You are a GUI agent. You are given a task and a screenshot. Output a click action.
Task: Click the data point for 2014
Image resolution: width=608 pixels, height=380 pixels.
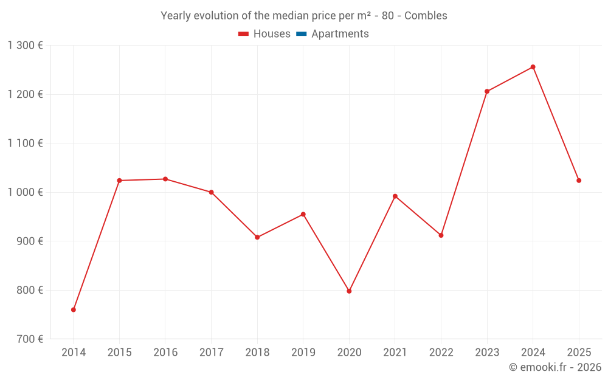click(x=74, y=309)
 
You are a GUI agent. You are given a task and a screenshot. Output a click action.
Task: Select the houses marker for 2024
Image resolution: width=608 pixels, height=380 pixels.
click(x=533, y=67)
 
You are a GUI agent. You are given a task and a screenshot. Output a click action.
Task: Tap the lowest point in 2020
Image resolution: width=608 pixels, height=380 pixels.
click(x=349, y=291)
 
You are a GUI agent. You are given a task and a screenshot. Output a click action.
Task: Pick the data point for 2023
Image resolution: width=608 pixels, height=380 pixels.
click(x=487, y=91)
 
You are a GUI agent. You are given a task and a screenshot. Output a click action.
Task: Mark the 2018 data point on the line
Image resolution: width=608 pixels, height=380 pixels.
click(x=257, y=237)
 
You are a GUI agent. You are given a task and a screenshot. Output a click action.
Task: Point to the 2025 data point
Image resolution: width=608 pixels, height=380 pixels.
click(x=579, y=181)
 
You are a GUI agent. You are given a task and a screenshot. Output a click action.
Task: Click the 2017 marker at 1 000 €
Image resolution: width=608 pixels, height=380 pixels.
click(x=211, y=192)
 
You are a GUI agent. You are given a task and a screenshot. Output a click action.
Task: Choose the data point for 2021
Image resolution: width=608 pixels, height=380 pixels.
click(x=395, y=196)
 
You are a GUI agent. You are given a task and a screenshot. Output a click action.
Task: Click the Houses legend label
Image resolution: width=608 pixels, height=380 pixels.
click(x=272, y=34)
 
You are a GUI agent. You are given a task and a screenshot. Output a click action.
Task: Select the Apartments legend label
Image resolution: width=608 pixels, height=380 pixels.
click(x=340, y=34)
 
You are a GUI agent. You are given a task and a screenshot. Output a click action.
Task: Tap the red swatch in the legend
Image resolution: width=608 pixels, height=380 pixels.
click(x=244, y=34)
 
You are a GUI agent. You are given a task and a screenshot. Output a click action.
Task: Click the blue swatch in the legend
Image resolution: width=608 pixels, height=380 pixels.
click(x=301, y=34)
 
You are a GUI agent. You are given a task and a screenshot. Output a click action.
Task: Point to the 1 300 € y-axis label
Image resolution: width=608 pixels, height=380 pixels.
click(x=25, y=45)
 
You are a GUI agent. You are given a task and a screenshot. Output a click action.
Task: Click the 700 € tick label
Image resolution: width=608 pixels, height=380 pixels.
click(x=29, y=339)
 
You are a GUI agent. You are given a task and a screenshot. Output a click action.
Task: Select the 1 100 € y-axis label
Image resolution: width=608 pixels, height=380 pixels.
click(x=25, y=143)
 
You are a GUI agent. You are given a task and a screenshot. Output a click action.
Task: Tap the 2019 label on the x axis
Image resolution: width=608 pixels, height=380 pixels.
click(x=303, y=353)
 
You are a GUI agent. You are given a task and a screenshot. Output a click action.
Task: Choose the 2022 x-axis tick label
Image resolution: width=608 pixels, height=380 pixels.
click(x=441, y=353)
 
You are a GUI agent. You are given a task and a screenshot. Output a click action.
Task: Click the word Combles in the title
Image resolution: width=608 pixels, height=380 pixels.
click(x=426, y=16)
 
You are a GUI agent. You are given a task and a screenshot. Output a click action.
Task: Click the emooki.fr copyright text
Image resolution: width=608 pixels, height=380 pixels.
click(x=554, y=367)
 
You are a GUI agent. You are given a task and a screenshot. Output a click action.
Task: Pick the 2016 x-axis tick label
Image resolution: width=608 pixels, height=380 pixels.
click(x=165, y=353)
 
